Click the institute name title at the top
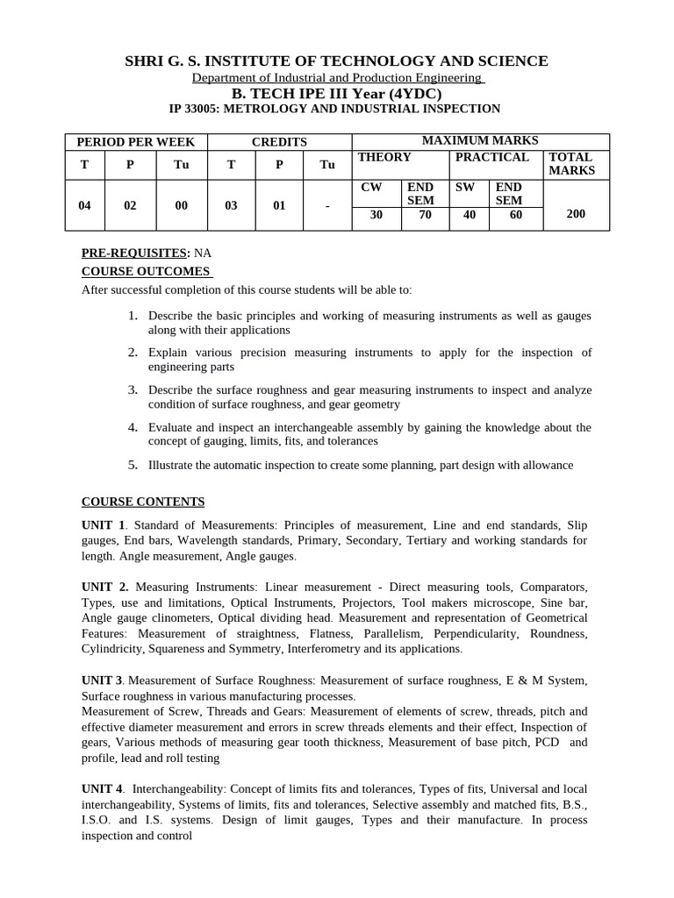(x=337, y=61)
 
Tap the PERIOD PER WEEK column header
(x=135, y=142)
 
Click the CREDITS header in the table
(x=279, y=142)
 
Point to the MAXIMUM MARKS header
(x=480, y=140)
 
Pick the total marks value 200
(x=576, y=213)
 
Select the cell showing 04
(x=85, y=206)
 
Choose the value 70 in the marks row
(x=426, y=214)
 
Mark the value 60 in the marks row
(x=515, y=214)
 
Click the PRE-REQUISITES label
(x=135, y=253)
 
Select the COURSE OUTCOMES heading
(x=146, y=271)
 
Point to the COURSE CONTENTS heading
(x=143, y=502)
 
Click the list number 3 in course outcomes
(x=133, y=389)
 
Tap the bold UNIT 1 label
(x=104, y=524)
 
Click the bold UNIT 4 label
(x=103, y=789)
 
